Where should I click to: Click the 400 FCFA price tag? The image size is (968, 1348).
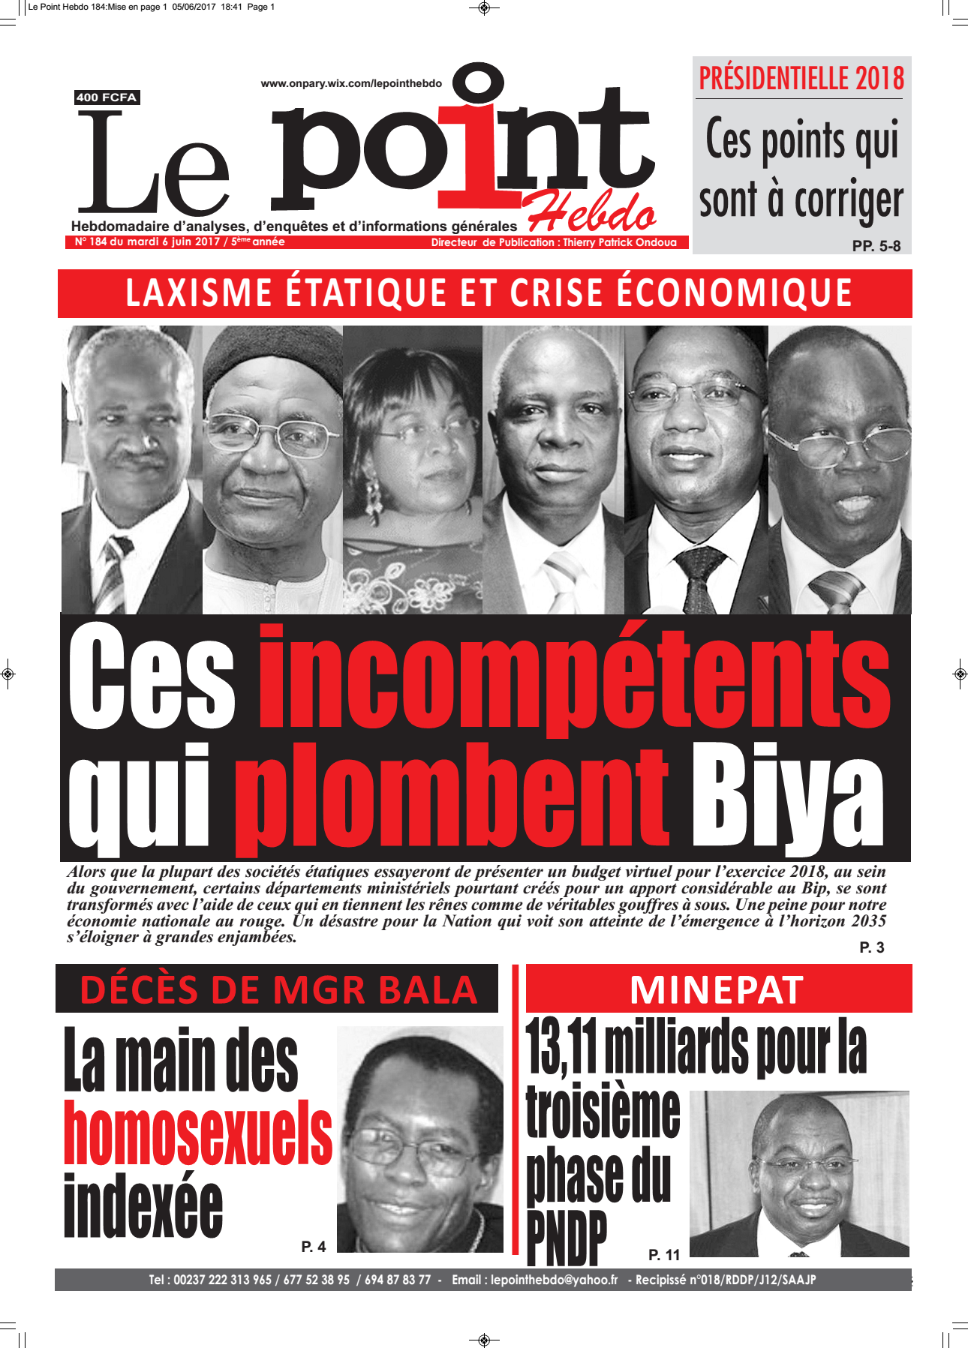point(107,98)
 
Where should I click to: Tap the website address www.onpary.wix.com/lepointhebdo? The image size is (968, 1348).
point(351,83)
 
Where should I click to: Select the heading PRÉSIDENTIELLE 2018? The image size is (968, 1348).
point(801,79)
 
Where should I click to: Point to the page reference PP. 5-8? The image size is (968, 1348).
point(876,246)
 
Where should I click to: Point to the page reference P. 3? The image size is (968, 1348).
point(871,948)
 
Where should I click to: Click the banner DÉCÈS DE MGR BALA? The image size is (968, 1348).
point(278,989)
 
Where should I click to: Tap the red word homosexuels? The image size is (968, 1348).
point(198,1133)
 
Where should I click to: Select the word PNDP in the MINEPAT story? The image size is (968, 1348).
point(567,1238)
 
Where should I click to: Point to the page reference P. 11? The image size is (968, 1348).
point(664,1255)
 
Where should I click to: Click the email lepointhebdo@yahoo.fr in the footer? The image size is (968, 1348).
point(554,1280)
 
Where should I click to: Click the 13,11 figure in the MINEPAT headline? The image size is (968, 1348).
point(561,1047)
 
